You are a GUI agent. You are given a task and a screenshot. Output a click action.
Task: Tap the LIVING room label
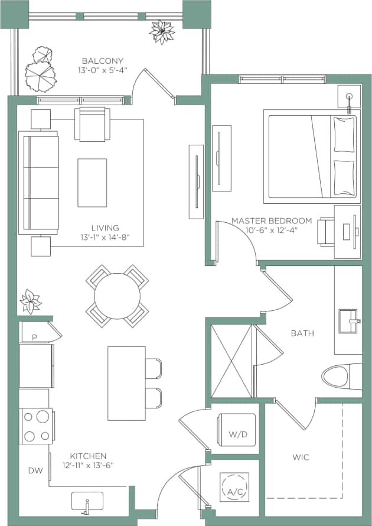pyautogui.click(x=105, y=228)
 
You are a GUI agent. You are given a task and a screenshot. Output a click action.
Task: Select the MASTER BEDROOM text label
pyautogui.click(x=263, y=220)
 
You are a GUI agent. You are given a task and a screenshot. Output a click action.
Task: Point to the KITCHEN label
pyautogui.click(x=88, y=456)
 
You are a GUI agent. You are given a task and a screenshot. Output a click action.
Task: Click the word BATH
pyautogui.click(x=302, y=333)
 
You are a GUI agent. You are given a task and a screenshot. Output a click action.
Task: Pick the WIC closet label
pyautogui.click(x=301, y=457)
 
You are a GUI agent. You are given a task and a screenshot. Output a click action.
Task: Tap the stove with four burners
pyautogui.click(x=37, y=426)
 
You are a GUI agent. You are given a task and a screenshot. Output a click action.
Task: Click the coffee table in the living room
pyautogui.click(x=92, y=183)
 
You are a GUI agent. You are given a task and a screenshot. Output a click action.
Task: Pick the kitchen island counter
pyautogui.click(x=126, y=383)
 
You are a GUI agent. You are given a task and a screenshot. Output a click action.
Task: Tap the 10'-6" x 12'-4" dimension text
pyautogui.click(x=263, y=230)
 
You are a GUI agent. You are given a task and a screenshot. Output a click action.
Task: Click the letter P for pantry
pyautogui.click(x=34, y=337)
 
